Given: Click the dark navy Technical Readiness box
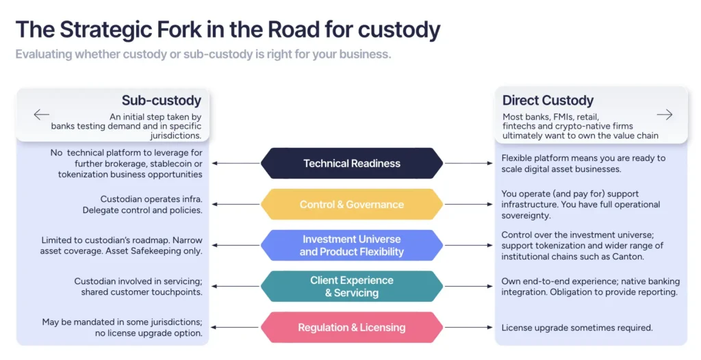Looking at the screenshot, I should (x=351, y=164).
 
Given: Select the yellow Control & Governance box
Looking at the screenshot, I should (x=351, y=205).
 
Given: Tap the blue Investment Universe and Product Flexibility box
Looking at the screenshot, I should (x=351, y=245).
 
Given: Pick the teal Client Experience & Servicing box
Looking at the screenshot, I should (x=351, y=286).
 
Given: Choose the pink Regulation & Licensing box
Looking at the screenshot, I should (x=351, y=327).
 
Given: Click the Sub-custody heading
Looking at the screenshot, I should (x=161, y=101).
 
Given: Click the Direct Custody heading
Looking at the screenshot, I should (x=548, y=101).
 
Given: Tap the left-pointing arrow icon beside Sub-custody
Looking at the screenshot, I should (x=42, y=114).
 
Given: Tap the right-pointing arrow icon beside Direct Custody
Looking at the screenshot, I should (x=664, y=114).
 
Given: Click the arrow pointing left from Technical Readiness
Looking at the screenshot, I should (x=235, y=164).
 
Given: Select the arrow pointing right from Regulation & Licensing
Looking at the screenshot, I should (x=468, y=328).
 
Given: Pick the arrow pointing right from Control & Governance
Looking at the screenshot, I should (x=468, y=205).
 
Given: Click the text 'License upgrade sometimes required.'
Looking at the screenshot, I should (x=577, y=328).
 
